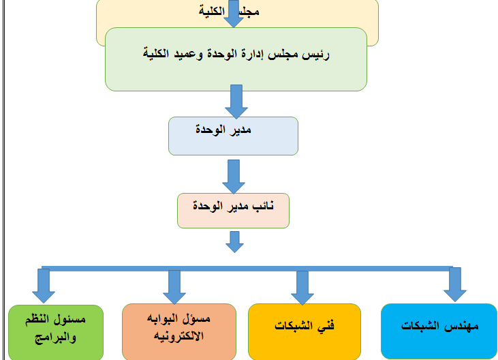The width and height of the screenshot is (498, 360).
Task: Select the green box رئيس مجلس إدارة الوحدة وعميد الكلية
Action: click(x=236, y=59)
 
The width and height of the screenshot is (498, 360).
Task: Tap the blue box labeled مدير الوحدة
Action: click(x=233, y=136)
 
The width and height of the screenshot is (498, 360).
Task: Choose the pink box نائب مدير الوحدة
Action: click(x=233, y=210)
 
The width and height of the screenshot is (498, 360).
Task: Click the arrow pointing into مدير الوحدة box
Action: click(x=236, y=101)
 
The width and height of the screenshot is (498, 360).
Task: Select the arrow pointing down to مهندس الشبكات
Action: click(x=454, y=283)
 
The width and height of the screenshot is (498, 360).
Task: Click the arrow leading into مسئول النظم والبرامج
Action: click(x=44, y=285)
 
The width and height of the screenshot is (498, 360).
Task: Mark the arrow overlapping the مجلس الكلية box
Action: click(x=234, y=14)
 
